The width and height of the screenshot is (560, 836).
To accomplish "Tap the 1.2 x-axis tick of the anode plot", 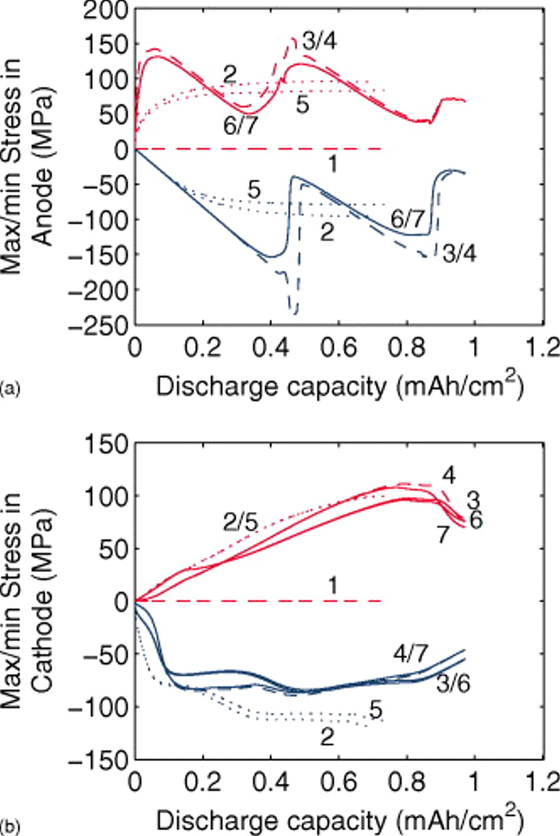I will [x=542, y=346].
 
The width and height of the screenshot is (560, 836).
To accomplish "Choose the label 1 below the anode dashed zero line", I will [x=333, y=166].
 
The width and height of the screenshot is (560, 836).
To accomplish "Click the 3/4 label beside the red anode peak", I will [x=320, y=42].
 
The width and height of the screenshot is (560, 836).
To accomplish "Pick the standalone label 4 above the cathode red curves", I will [x=448, y=473].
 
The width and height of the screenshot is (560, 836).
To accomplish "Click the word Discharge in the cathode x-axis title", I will [x=212, y=816].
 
